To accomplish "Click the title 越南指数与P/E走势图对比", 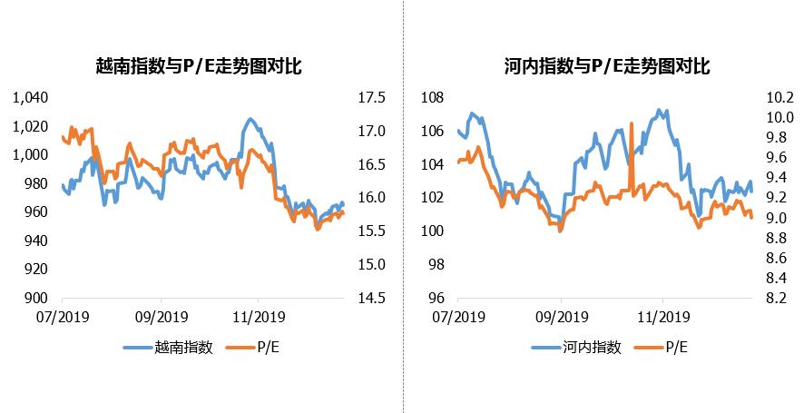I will [198, 66].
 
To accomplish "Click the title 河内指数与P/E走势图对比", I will [606, 66].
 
